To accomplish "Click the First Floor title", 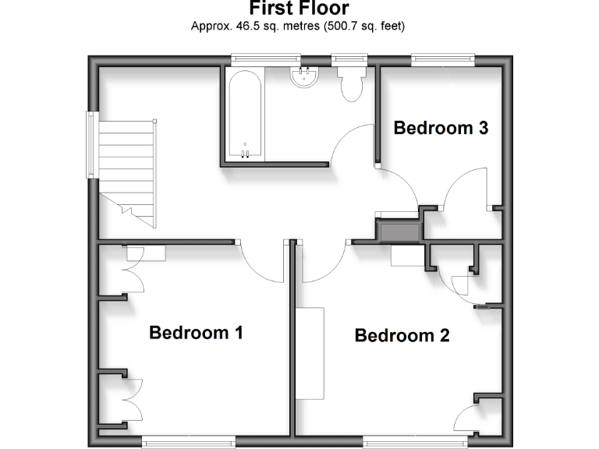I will click(299, 9).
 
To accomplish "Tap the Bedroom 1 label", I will click(196, 333).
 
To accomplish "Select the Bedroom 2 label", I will click(402, 336).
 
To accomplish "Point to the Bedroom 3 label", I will click(441, 128).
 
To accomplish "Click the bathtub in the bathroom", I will click(244, 115).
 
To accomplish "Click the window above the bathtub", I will click(266, 56).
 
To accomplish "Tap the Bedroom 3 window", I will click(442, 56).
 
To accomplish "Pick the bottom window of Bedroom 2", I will click(404, 441).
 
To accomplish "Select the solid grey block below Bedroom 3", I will click(399, 231).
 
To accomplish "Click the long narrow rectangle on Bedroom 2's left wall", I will click(310, 353).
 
